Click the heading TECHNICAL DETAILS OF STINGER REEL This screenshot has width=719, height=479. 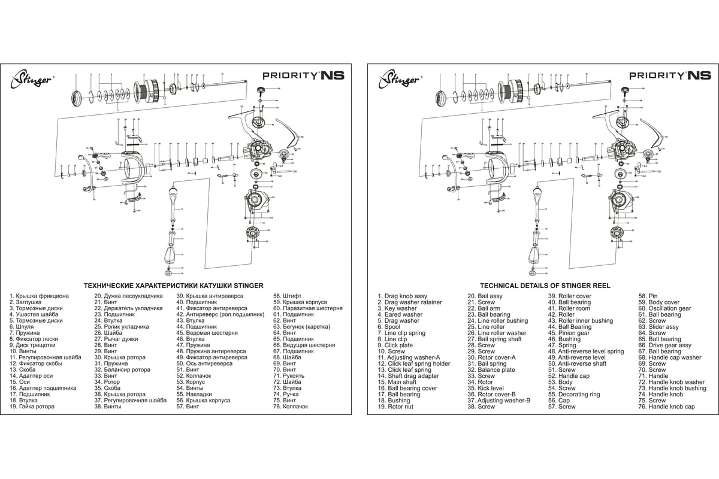545,286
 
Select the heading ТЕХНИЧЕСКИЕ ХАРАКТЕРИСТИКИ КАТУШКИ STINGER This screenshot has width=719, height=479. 173,286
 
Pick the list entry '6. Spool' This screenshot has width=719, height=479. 389,327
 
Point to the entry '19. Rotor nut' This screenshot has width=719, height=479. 395,407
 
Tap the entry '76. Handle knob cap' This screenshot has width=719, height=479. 666,407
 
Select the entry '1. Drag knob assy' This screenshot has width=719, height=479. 402,296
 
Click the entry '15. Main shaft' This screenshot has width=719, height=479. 397,382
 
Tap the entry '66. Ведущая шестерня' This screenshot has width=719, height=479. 304,345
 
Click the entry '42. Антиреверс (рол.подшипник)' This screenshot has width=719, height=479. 220,314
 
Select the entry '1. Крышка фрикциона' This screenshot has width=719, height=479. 39,296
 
